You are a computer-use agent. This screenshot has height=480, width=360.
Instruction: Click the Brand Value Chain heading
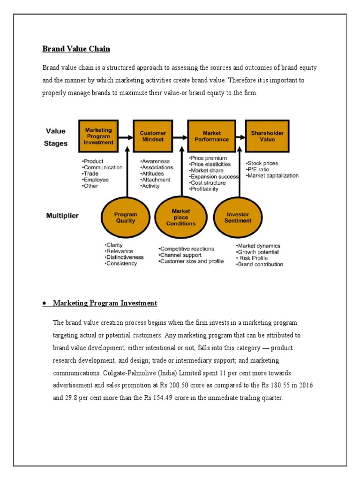[76, 48]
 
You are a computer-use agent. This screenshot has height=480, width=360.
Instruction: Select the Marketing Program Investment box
[98, 136]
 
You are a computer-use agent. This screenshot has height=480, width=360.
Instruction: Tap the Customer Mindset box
[153, 136]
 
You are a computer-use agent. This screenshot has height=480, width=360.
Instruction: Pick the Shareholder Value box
[267, 136]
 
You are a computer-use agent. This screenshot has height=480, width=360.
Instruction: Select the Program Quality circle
[125, 217]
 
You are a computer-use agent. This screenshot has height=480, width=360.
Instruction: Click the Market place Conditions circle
[180, 217]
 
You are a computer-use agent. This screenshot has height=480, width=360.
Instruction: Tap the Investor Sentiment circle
[238, 217]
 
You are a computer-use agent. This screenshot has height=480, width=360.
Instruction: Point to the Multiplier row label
[62, 216]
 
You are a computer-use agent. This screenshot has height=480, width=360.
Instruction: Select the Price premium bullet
[209, 158]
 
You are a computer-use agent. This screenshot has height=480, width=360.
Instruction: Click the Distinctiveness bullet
[125, 257]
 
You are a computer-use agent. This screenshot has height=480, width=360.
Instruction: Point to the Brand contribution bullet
[260, 264]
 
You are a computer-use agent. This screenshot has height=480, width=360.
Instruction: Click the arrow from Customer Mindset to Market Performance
[180, 137]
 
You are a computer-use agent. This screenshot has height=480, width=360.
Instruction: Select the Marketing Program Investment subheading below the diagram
[105, 303]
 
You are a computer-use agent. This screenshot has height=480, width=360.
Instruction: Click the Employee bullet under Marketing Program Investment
[96, 180]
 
